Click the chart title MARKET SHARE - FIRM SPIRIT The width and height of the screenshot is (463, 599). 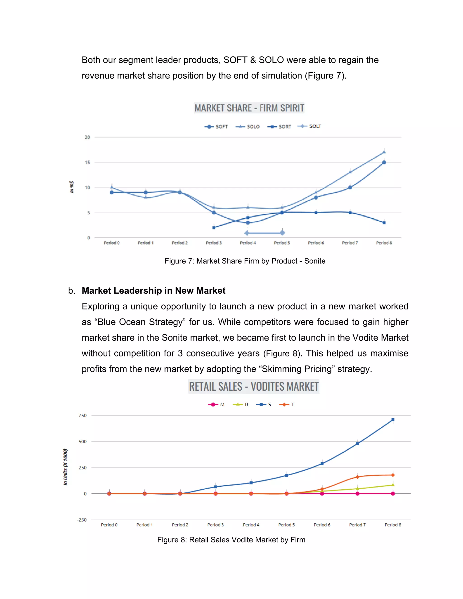click(249, 108)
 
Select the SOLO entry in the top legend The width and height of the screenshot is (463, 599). click(248, 126)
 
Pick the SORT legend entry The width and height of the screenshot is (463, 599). click(279, 126)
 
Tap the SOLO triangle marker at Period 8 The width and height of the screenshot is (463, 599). click(384, 152)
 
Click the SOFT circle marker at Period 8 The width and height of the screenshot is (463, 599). click(384, 162)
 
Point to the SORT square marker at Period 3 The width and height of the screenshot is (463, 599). click(214, 227)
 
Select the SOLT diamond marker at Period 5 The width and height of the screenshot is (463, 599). click(282, 233)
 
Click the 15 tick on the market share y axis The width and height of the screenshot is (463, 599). click(87, 162)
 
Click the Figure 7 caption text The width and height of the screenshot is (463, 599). click(245, 261)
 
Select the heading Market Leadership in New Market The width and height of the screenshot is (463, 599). click(153, 290)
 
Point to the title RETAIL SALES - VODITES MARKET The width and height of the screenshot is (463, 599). click(254, 387)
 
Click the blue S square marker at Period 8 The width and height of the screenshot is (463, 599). click(393, 420)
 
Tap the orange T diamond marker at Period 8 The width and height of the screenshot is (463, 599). click(393, 475)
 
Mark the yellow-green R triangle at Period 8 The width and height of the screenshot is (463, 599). click(393, 485)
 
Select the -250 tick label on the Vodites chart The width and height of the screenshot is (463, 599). click(82, 520)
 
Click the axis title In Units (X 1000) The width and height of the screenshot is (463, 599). click(65, 467)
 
